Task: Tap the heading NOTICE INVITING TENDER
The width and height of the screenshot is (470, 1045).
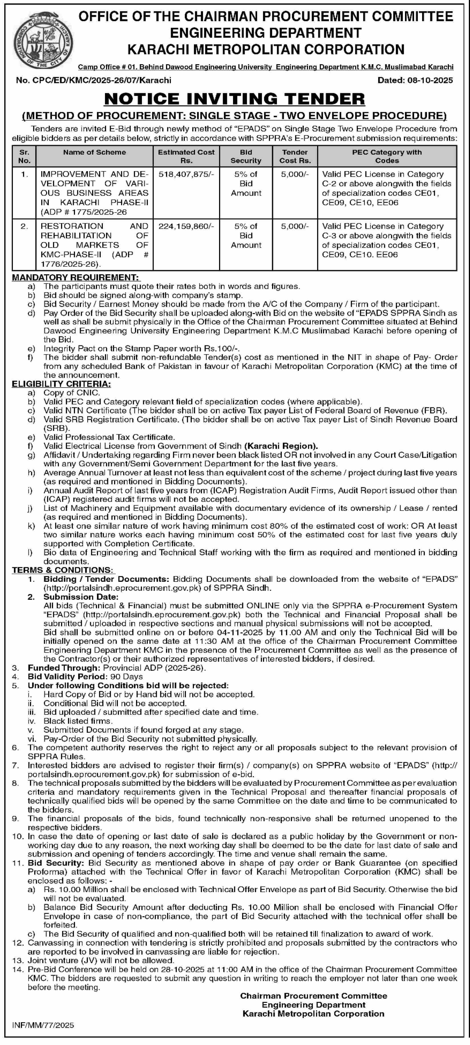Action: click(x=234, y=99)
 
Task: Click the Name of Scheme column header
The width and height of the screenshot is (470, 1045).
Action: click(x=94, y=152)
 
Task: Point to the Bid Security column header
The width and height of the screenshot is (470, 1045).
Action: click(x=246, y=156)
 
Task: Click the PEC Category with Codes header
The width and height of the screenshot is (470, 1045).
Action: click(x=387, y=156)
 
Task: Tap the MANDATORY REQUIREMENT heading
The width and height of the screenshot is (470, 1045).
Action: click(x=75, y=278)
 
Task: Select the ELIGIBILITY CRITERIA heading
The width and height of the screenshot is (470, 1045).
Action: click(x=61, y=384)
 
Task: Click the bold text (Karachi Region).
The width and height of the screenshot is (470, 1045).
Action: click(x=281, y=446)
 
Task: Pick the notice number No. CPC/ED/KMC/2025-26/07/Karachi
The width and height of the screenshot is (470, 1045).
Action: click(x=94, y=80)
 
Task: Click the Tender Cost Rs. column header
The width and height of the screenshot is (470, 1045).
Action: click(x=295, y=156)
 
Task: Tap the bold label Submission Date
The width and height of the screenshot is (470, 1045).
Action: click(x=81, y=597)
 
